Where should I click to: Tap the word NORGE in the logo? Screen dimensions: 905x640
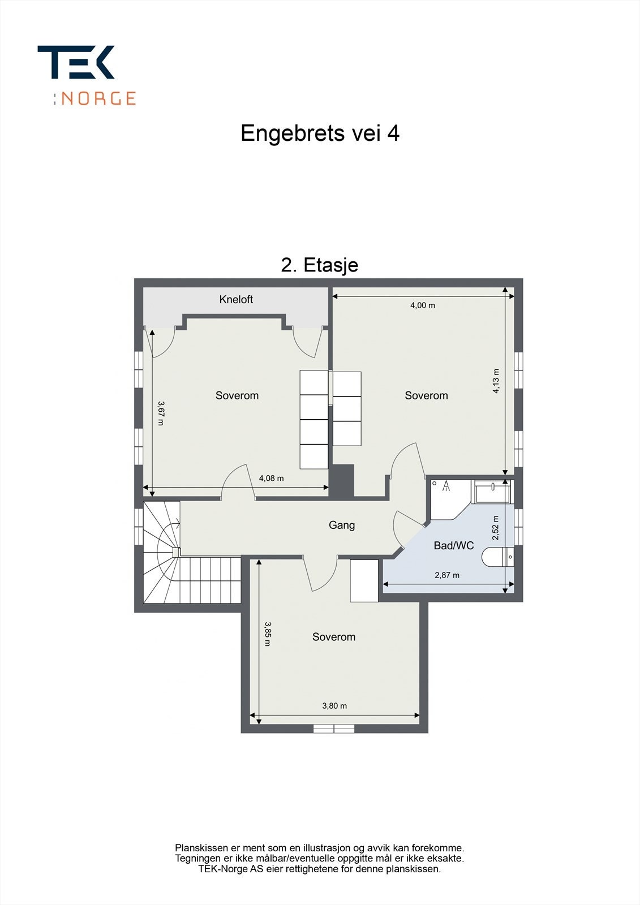[98, 98]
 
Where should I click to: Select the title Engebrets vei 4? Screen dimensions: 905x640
[320, 133]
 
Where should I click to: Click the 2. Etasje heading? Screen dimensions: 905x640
[320, 265]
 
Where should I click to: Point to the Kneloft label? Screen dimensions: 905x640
[236, 300]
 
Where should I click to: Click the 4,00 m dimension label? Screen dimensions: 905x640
[423, 305]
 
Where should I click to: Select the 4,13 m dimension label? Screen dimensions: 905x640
[496, 381]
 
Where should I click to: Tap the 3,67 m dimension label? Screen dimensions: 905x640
[161, 413]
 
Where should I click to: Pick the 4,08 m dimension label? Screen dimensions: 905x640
[271, 478]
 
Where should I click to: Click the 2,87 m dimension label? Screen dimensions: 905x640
[447, 575]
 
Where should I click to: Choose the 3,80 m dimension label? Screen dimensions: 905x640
[334, 705]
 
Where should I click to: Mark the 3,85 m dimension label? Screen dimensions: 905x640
[268, 634]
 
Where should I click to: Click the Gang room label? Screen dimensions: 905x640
[342, 525]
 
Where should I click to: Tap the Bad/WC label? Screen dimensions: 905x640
[453, 546]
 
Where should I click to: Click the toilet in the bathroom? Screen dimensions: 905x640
[498, 557]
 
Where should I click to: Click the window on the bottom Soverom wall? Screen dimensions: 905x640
[334, 729]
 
